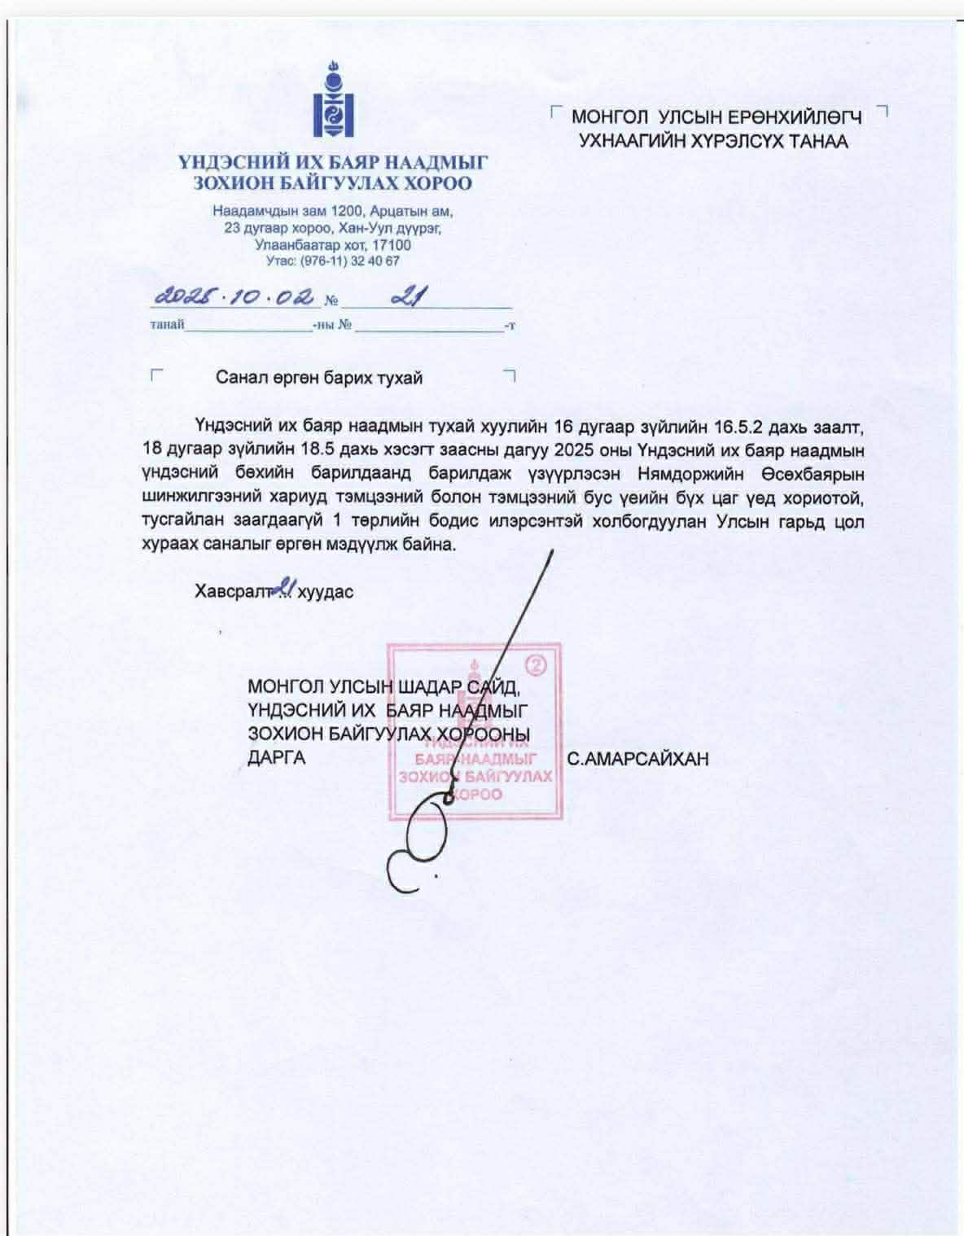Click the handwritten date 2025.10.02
[x=234, y=297]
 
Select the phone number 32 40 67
[x=376, y=261]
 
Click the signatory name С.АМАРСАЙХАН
[x=638, y=759]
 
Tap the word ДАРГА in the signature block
[x=277, y=757]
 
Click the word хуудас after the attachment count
[x=326, y=591]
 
